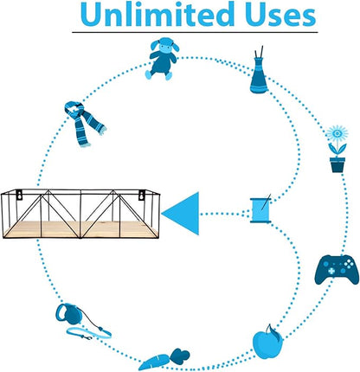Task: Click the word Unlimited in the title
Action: [157, 14]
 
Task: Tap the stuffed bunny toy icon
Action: [162, 58]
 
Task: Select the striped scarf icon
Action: [84, 124]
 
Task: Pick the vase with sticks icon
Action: [259, 71]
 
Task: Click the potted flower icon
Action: [337, 149]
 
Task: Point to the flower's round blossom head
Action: [337, 133]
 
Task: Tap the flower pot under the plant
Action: [337, 164]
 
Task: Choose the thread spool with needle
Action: [260, 209]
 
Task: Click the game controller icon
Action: [337, 269]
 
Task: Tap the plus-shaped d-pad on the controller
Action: [331, 271]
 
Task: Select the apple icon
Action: [267, 343]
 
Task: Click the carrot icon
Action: [164, 359]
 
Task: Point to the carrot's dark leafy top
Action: [180, 356]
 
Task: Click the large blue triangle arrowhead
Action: [181, 214]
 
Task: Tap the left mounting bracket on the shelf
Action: [19, 195]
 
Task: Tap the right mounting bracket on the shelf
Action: [142, 195]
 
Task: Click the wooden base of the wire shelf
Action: [81, 229]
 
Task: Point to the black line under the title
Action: [195, 32]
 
